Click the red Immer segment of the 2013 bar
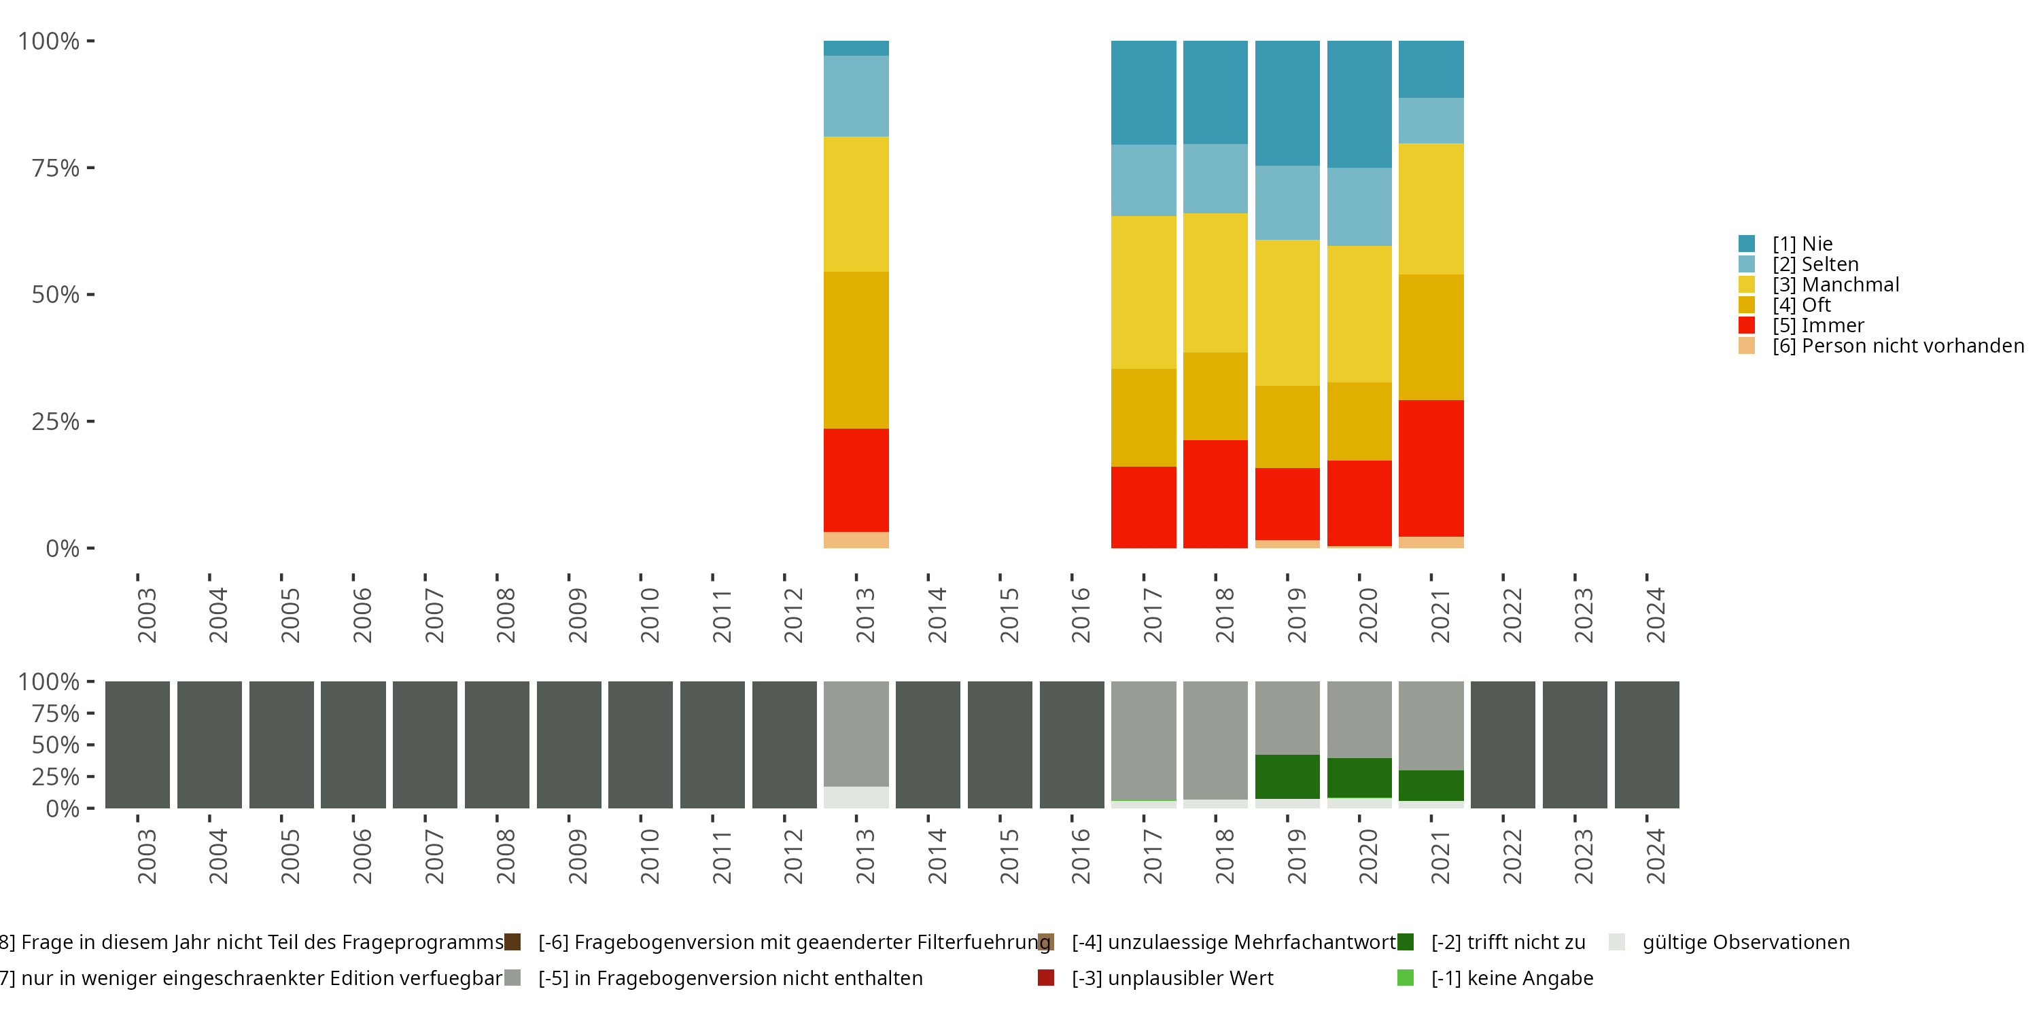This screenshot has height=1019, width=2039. [x=856, y=480]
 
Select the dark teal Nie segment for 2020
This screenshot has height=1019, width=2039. [x=1359, y=104]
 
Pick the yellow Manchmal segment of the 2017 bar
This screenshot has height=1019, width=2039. [x=1143, y=292]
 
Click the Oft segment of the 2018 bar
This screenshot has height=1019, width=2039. [x=1215, y=395]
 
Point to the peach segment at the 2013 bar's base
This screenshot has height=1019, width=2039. [x=856, y=539]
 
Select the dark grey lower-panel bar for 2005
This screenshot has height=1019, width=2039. [x=281, y=745]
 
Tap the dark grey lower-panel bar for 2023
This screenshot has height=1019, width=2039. [x=1574, y=745]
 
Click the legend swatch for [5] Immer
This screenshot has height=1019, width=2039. [x=1746, y=325]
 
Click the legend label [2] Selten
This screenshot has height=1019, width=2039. [x=1815, y=264]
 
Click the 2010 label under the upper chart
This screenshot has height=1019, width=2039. [x=649, y=615]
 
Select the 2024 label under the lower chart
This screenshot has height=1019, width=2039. [x=1655, y=856]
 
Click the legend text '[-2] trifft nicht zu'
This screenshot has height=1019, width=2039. [x=1508, y=942]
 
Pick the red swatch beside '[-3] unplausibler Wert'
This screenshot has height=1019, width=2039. [x=1045, y=978]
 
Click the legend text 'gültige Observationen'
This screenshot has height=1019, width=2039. [x=1745, y=942]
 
